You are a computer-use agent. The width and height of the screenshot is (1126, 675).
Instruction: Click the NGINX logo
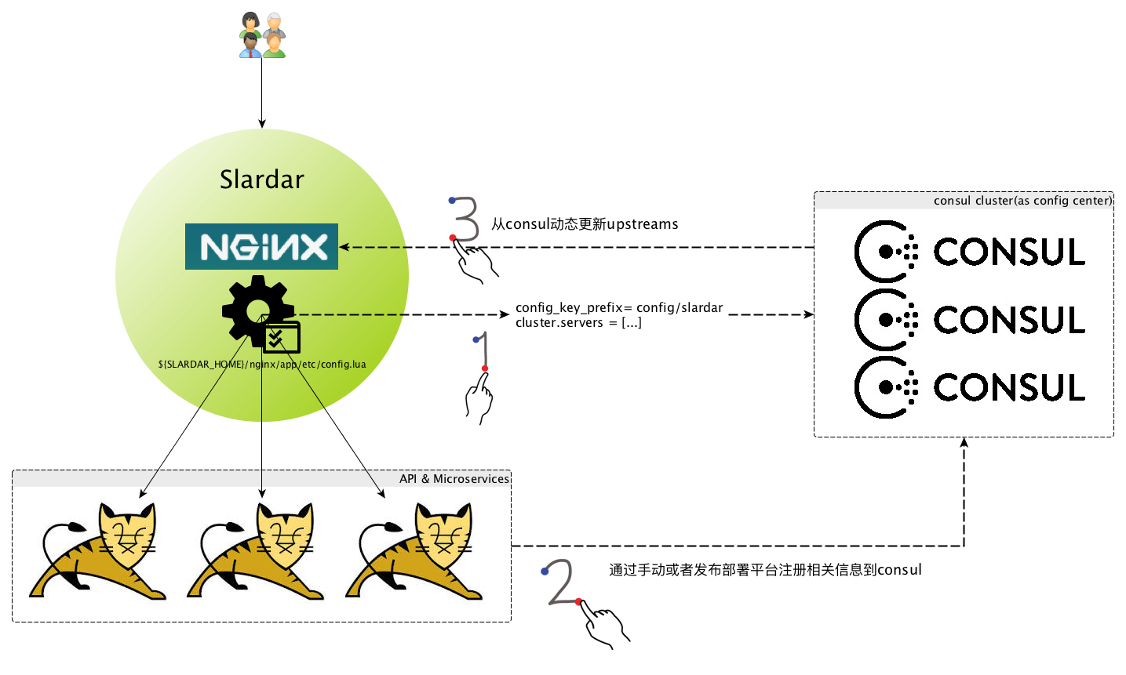[261, 247]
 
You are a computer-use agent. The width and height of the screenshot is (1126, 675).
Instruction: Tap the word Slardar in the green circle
[262, 180]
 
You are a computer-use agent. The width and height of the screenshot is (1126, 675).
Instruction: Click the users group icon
[262, 35]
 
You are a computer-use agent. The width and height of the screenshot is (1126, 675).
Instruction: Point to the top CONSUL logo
[970, 251]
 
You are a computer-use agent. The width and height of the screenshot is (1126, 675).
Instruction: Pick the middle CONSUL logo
[970, 319]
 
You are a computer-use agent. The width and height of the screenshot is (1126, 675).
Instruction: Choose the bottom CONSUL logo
[970, 387]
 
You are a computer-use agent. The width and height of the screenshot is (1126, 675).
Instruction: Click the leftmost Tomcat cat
[97, 551]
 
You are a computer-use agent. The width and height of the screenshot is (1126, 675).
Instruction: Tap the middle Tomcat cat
[255, 551]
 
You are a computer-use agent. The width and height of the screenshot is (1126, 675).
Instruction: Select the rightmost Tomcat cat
[414, 551]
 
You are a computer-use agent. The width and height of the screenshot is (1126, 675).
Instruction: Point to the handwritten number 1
[482, 351]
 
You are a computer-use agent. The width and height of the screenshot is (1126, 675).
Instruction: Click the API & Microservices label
[454, 479]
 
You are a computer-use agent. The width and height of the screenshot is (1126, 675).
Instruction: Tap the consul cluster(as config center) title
[1023, 201]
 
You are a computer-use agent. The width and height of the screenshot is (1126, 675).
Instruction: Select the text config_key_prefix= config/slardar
[619, 307]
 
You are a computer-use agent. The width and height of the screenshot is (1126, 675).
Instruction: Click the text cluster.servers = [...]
[578, 322]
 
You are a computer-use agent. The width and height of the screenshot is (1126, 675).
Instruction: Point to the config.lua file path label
[262, 364]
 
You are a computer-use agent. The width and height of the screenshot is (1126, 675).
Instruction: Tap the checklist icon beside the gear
[282, 337]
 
